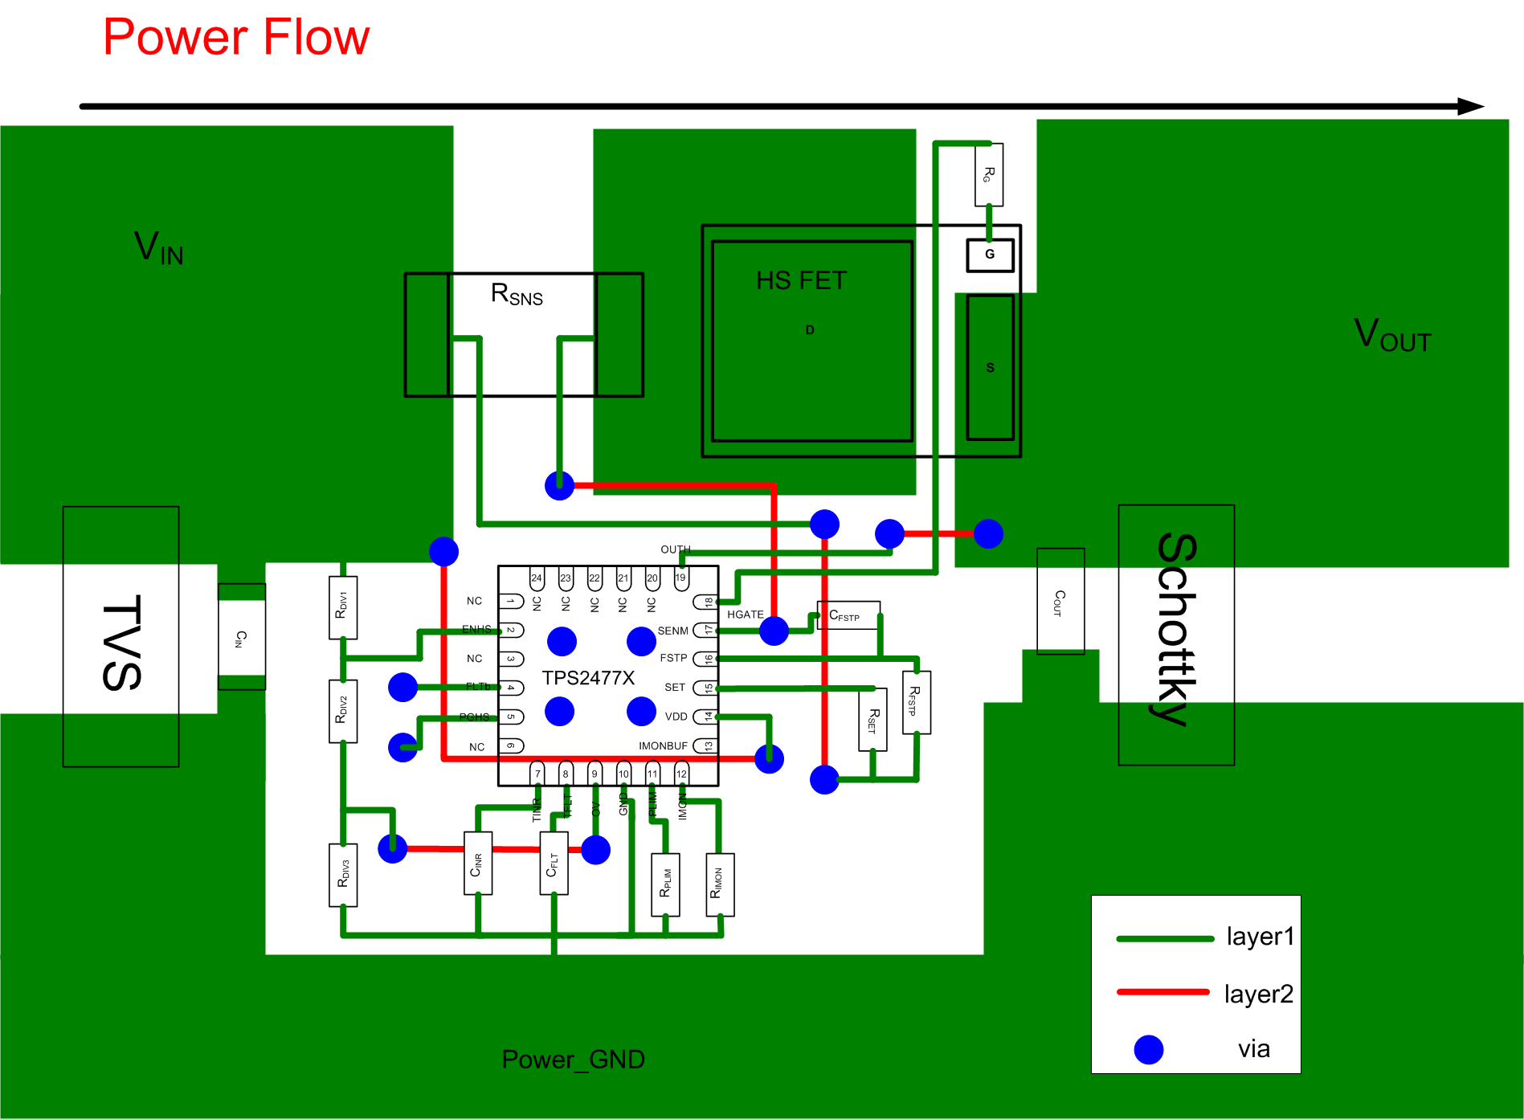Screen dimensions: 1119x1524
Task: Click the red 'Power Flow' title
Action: tap(236, 38)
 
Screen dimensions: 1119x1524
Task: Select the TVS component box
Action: tap(121, 636)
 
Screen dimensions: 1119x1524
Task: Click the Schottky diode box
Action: tap(1176, 635)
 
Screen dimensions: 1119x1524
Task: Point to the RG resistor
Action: tap(989, 174)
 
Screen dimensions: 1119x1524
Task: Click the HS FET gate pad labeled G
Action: tap(990, 255)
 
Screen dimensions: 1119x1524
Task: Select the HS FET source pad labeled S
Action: tap(990, 367)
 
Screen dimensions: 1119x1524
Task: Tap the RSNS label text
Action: tap(517, 295)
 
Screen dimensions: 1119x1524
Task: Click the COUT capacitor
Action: tap(1060, 601)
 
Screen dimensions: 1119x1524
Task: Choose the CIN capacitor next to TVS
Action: tap(241, 637)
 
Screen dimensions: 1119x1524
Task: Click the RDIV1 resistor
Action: tap(343, 607)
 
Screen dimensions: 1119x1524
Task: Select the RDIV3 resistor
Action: tap(343, 874)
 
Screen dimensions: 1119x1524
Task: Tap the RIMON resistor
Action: tap(720, 884)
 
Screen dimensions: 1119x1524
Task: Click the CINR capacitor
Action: tap(478, 864)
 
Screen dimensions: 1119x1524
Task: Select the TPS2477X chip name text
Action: tap(588, 678)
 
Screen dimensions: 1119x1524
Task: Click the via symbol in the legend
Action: tap(1149, 1049)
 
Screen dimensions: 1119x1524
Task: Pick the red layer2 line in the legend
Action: tap(1162, 993)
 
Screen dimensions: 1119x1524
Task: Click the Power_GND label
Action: tap(573, 1060)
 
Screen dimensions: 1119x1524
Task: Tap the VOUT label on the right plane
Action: tap(1391, 335)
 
